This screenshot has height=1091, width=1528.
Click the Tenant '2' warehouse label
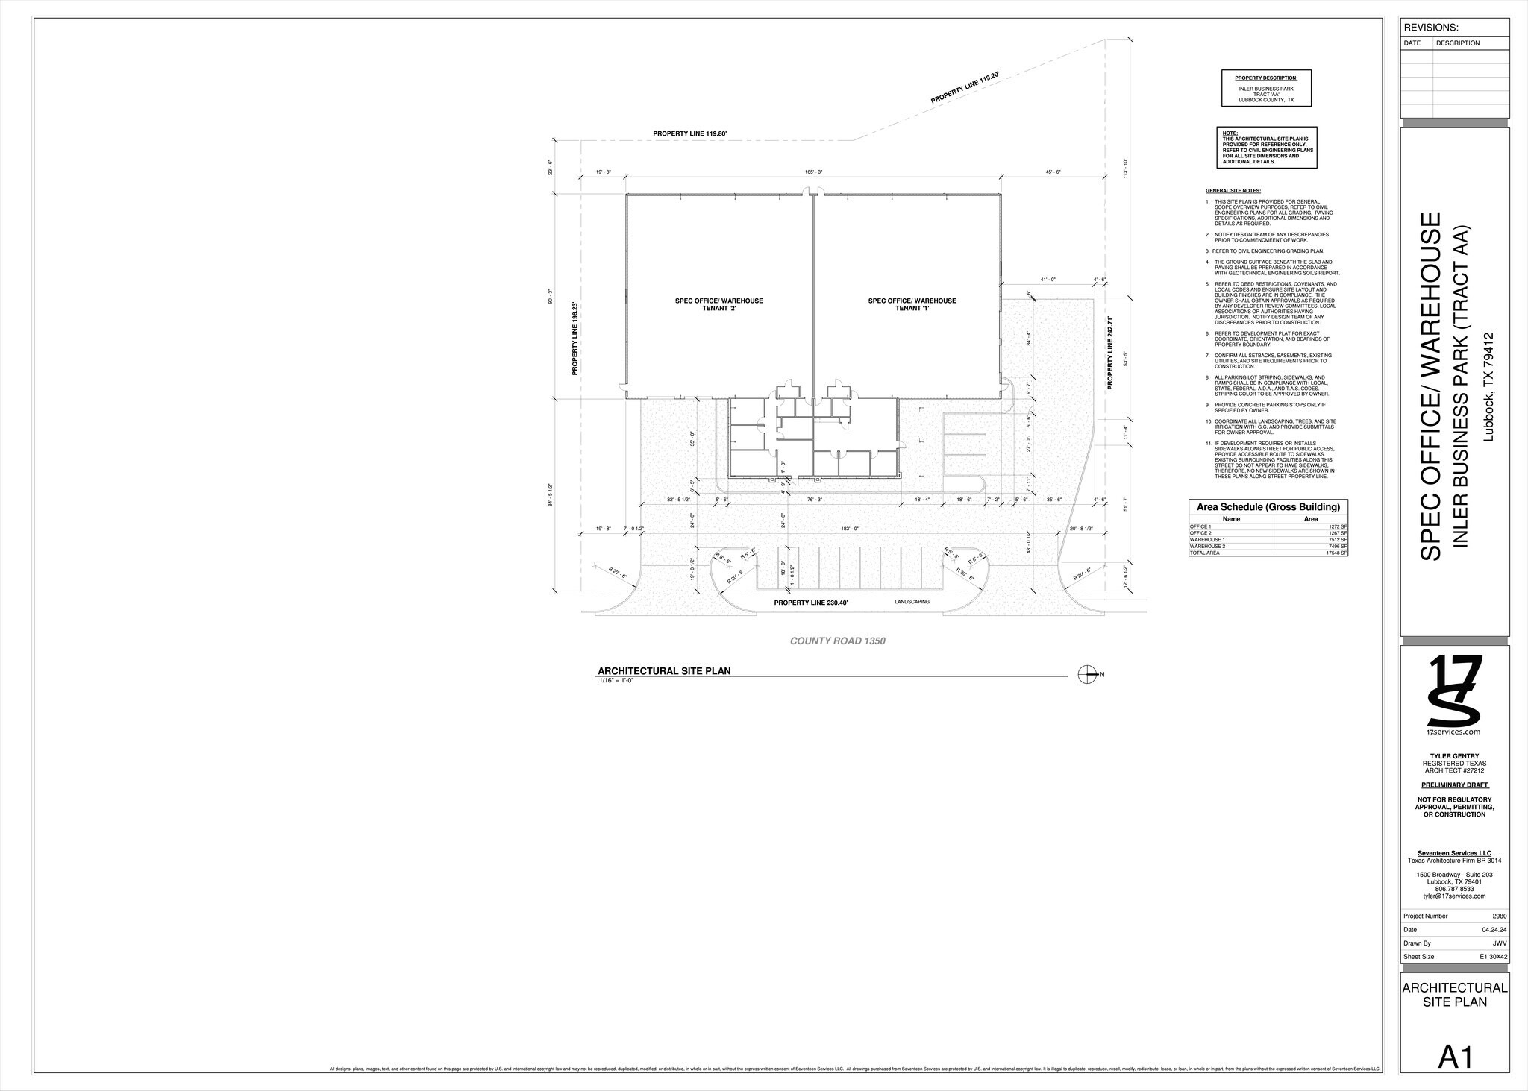718,304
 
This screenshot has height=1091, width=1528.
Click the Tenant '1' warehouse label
912,304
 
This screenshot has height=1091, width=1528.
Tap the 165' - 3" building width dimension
813,172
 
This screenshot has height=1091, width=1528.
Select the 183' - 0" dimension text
849,529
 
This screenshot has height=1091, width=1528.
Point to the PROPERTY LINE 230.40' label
811,602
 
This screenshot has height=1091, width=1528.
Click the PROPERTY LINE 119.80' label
689,133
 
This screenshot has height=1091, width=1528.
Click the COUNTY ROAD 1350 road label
837,641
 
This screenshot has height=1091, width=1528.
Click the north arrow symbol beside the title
1087,675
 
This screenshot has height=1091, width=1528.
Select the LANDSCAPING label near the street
912,601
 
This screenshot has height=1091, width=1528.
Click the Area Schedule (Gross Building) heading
1268,507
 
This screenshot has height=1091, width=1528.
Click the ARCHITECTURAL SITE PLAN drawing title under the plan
664,670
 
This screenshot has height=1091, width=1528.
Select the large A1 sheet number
1455,1057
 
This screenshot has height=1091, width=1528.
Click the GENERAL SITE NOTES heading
1233,191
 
